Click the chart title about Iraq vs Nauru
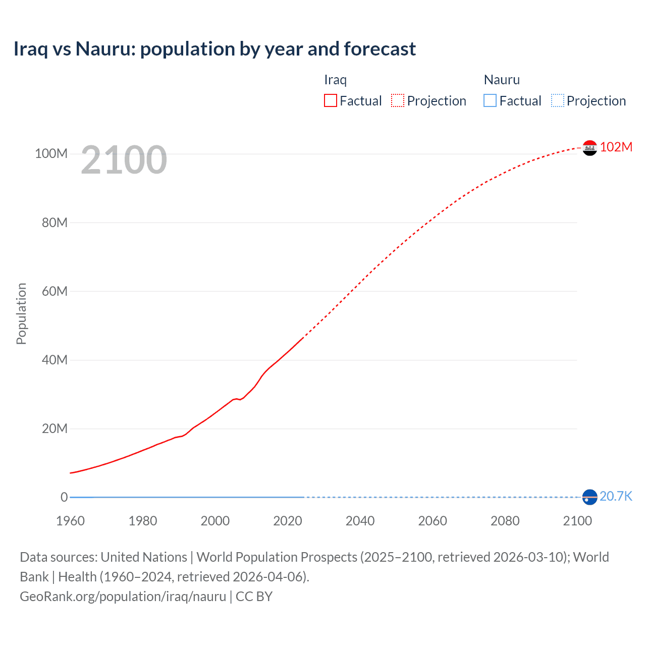[214, 49]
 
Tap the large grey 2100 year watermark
[124, 160]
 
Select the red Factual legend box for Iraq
[331, 101]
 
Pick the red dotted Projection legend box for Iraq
[398, 101]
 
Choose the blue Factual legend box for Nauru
[490, 101]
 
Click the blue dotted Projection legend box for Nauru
[558, 101]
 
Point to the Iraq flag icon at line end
[589, 148]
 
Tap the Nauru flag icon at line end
[589, 497]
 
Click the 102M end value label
[616, 147]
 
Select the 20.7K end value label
[616, 496]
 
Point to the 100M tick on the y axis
[51, 153]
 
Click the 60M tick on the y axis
[55, 291]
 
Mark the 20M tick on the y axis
[55, 428]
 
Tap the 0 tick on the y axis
[64, 497]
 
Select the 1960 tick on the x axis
[70, 521]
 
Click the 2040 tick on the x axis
[360, 521]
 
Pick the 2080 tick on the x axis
[505, 521]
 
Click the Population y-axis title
[21, 313]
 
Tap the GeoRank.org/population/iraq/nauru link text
[123, 596]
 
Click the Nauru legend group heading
[502, 80]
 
